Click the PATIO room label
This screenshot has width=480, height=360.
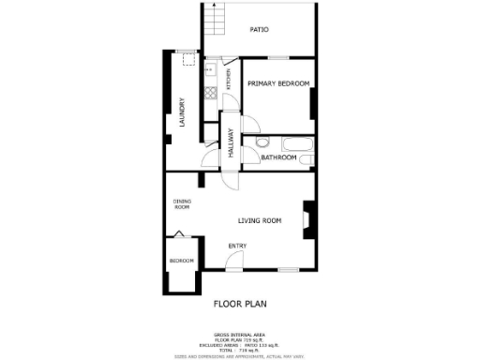pyautogui.click(x=260, y=30)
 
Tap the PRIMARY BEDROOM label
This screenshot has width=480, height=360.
pyautogui.click(x=278, y=83)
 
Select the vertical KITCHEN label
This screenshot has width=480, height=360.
pyautogui.click(x=228, y=81)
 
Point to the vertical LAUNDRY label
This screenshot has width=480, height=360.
pyautogui.click(x=182, y=112)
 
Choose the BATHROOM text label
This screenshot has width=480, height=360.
pyautogui.click(x=278, y=157)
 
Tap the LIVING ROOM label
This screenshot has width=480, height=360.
pyautogui.click(x=260, y=221)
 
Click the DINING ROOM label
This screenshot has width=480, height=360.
pyautogui.click(x=182, y=203)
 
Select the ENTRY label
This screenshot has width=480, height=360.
pyautogui.click(x=237, y=247)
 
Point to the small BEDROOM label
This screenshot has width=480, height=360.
pyautogui.click(x=182, y=260)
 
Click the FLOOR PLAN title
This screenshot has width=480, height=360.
pyautogui.click(x=241, y=303)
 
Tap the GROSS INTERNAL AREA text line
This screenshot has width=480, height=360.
pyautogui.click(x=241, y=334)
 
